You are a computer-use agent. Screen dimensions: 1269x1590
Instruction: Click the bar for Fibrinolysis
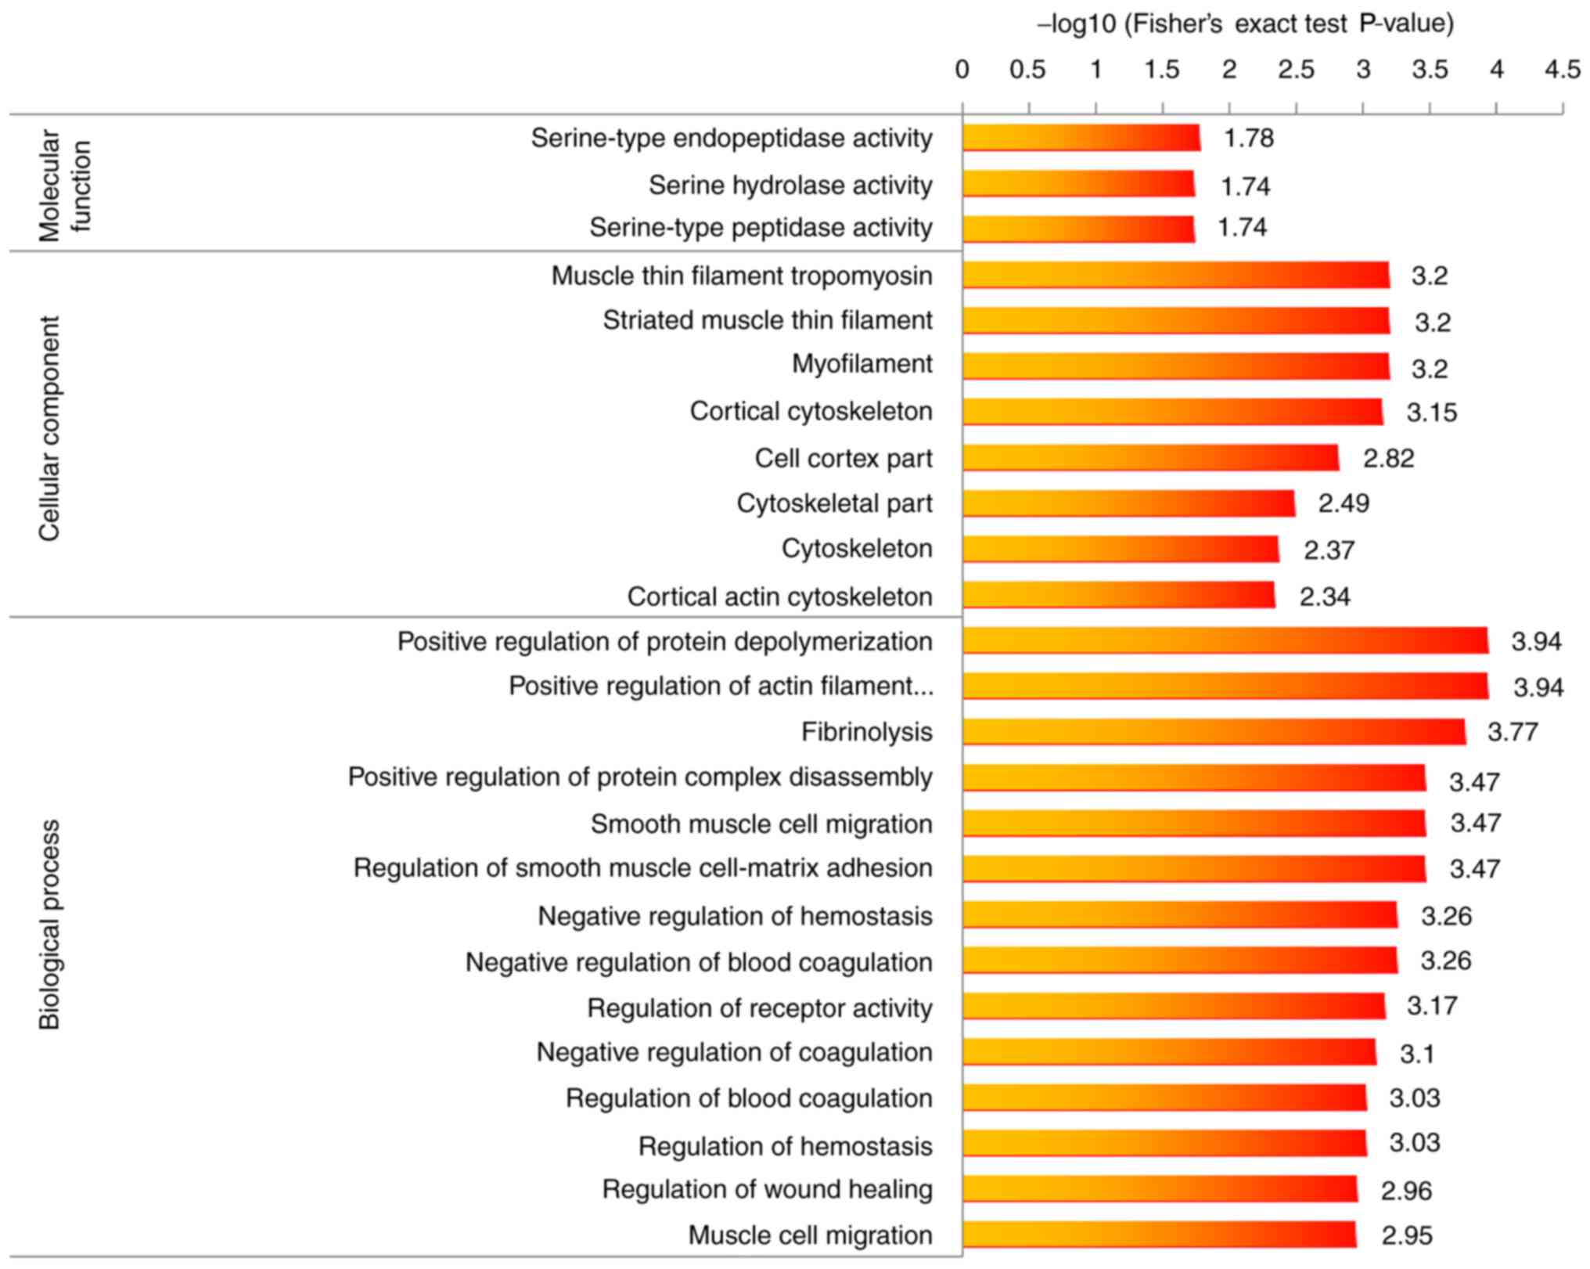pyautogui.click(x=1214, y=732)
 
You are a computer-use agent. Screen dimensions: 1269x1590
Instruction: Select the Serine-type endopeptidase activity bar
pyautogui.click(x=1081, y=138)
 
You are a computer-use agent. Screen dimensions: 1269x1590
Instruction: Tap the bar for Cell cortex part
pyautogui.click(x=1150, y=458)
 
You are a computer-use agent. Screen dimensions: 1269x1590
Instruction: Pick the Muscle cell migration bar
pyautogui.click(x=1159, y=1235)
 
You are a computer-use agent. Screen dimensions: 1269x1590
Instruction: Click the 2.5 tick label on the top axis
pyautogui.click(x=1296, y=70)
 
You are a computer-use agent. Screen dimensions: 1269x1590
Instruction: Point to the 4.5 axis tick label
pyautogui.click(x=1562, y=70)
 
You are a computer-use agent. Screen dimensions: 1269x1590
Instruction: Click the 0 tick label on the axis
pyautogui.click(x=962, y=70)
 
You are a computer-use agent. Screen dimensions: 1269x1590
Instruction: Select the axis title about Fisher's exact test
pyautogui.click(x=1246, y=24)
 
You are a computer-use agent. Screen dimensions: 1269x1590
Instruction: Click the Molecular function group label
pyautogui.click(x=65, y=186)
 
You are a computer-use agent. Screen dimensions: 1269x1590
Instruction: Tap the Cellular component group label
pyautogui.click(x=49, y=428)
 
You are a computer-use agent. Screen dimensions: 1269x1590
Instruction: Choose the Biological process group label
pyautogui.click(x=49, y=924)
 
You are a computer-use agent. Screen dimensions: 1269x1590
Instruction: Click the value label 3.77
pyautogui.click(x=1513, y=732)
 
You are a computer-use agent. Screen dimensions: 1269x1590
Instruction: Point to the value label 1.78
pyautogui.click(x=1249, y=139)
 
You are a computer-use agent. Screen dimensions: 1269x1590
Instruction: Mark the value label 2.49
pyautogui.click(x=1344, y=503)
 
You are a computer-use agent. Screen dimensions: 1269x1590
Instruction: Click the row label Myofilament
pyautogui.click(x=862, y=364)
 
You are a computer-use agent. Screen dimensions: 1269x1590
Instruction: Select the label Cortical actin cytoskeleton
pyautogui.click(x=779, y=597)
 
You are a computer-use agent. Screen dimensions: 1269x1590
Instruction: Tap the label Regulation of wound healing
pyautogui.click(x=767, y=1189)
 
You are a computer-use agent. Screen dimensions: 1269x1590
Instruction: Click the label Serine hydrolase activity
pyautogui.click(x=790, y=186)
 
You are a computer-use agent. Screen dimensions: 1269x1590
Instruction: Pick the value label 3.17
pyautogui.click(x=1432, y=1005)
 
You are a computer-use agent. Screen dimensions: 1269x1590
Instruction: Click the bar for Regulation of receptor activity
pyautogui.click(x=1174, y=1006)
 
